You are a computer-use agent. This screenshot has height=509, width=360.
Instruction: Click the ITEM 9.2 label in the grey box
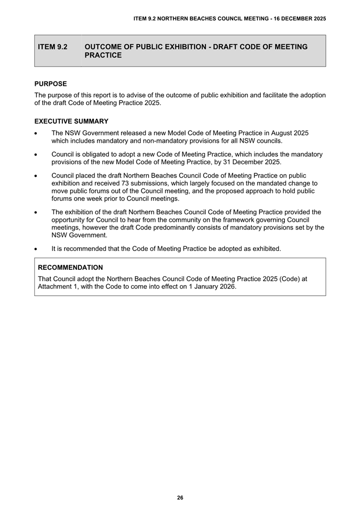[x=53, y=47]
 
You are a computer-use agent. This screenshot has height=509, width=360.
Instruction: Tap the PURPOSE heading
[x=51, y=84]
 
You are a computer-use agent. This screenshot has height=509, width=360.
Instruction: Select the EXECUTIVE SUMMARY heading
[x=71, y=121]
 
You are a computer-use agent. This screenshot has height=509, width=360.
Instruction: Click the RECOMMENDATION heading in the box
[x=70, y=267]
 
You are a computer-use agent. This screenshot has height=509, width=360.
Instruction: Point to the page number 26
[x=180, y=497]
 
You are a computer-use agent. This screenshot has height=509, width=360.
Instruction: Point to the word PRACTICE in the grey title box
[x=103, y=55]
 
